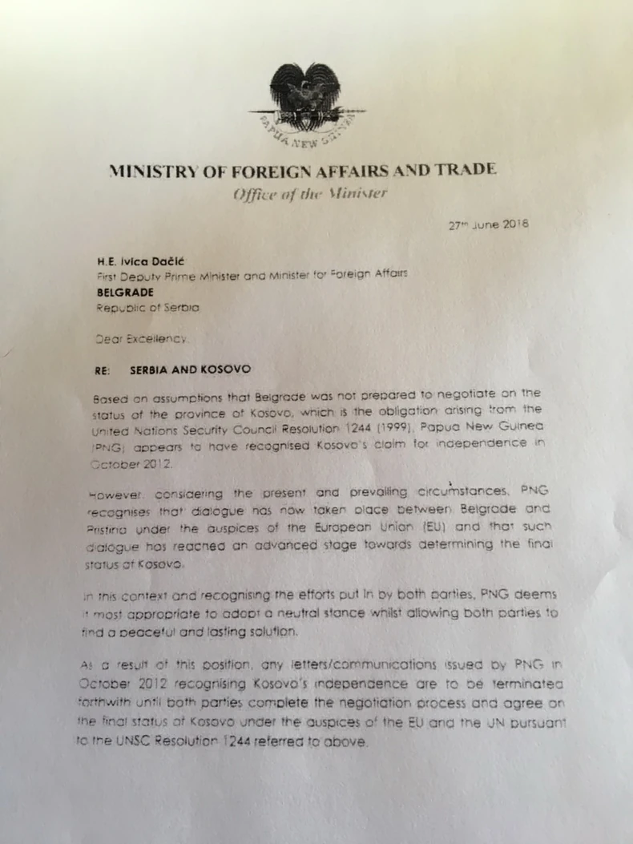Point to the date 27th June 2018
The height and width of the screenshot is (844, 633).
pos(488,225)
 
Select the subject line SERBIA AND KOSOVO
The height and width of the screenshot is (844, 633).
pos(190,370)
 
